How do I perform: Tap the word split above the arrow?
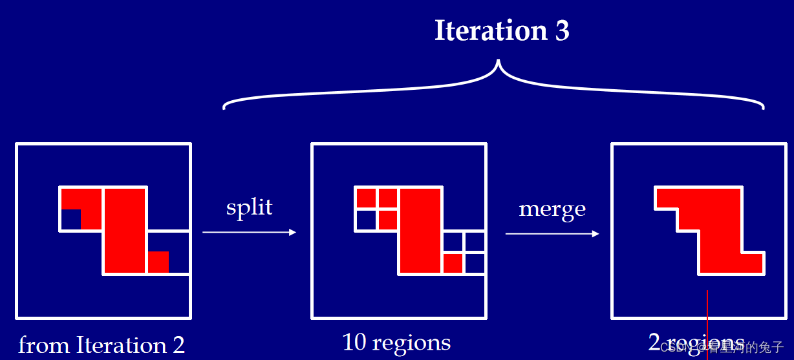click(x=249, y=207)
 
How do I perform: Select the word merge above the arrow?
click(x=552, y=209)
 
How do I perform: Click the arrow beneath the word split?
click(x=249, y=232)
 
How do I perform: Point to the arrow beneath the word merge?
click(x=552, y=234)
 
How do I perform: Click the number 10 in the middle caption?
click(x=354, y=342)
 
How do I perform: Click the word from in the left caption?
click(x=44, y=344)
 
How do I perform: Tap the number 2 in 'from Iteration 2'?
click(x=178, y=344)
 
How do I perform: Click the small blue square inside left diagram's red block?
click(x=70, y=219)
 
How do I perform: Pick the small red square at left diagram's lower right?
click(x=158, y=262)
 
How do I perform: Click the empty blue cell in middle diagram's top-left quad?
click(x=366, y=220)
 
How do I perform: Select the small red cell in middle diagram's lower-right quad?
click(x=453, y=263)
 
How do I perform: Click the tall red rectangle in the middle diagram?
click(x=420, y=229)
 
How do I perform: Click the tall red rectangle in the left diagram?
click(x=125, y=229)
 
